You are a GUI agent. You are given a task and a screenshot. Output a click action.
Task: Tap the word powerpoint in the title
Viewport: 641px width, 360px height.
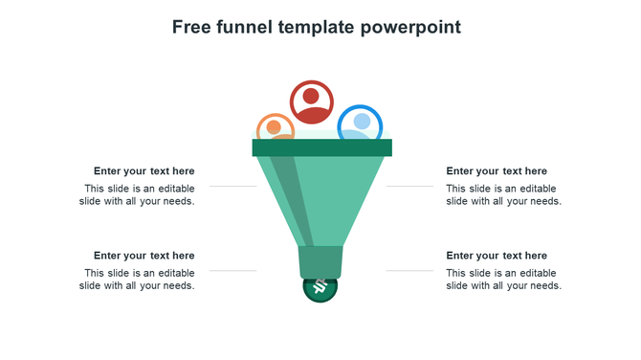[410, 27]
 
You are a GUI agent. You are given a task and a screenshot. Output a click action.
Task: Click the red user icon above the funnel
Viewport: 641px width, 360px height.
[312, 101]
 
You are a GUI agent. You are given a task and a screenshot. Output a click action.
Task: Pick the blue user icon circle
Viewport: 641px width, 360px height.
[361, 124]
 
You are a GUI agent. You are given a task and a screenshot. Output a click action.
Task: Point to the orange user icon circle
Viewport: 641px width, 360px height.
[275, 128]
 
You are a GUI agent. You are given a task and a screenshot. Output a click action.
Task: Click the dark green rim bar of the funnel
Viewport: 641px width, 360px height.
[321, 147]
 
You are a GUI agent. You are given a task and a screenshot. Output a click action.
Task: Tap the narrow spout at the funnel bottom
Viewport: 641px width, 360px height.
[321, 261]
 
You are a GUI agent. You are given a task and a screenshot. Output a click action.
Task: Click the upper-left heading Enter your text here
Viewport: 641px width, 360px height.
[144, 171]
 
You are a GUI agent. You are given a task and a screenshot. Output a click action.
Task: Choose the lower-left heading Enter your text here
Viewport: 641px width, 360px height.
[144, 256]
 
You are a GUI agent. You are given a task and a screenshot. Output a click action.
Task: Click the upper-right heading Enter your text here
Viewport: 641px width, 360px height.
[497, 171]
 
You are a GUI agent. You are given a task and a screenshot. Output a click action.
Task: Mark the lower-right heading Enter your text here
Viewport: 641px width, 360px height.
[497, 256]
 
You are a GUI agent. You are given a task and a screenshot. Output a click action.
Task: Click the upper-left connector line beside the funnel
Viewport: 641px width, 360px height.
[232, 186]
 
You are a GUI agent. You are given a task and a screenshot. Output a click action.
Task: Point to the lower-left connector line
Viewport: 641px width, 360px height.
[232, 271]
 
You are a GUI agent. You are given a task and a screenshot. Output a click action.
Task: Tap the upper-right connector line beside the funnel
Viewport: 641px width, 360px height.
[409, 186]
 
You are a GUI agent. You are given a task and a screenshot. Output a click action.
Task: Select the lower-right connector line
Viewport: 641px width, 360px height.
[409, 271]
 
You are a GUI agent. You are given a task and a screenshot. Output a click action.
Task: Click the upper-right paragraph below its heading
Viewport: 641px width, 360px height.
[503, 195]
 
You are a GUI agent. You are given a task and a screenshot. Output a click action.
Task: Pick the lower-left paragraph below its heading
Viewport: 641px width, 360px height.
[137, 280]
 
